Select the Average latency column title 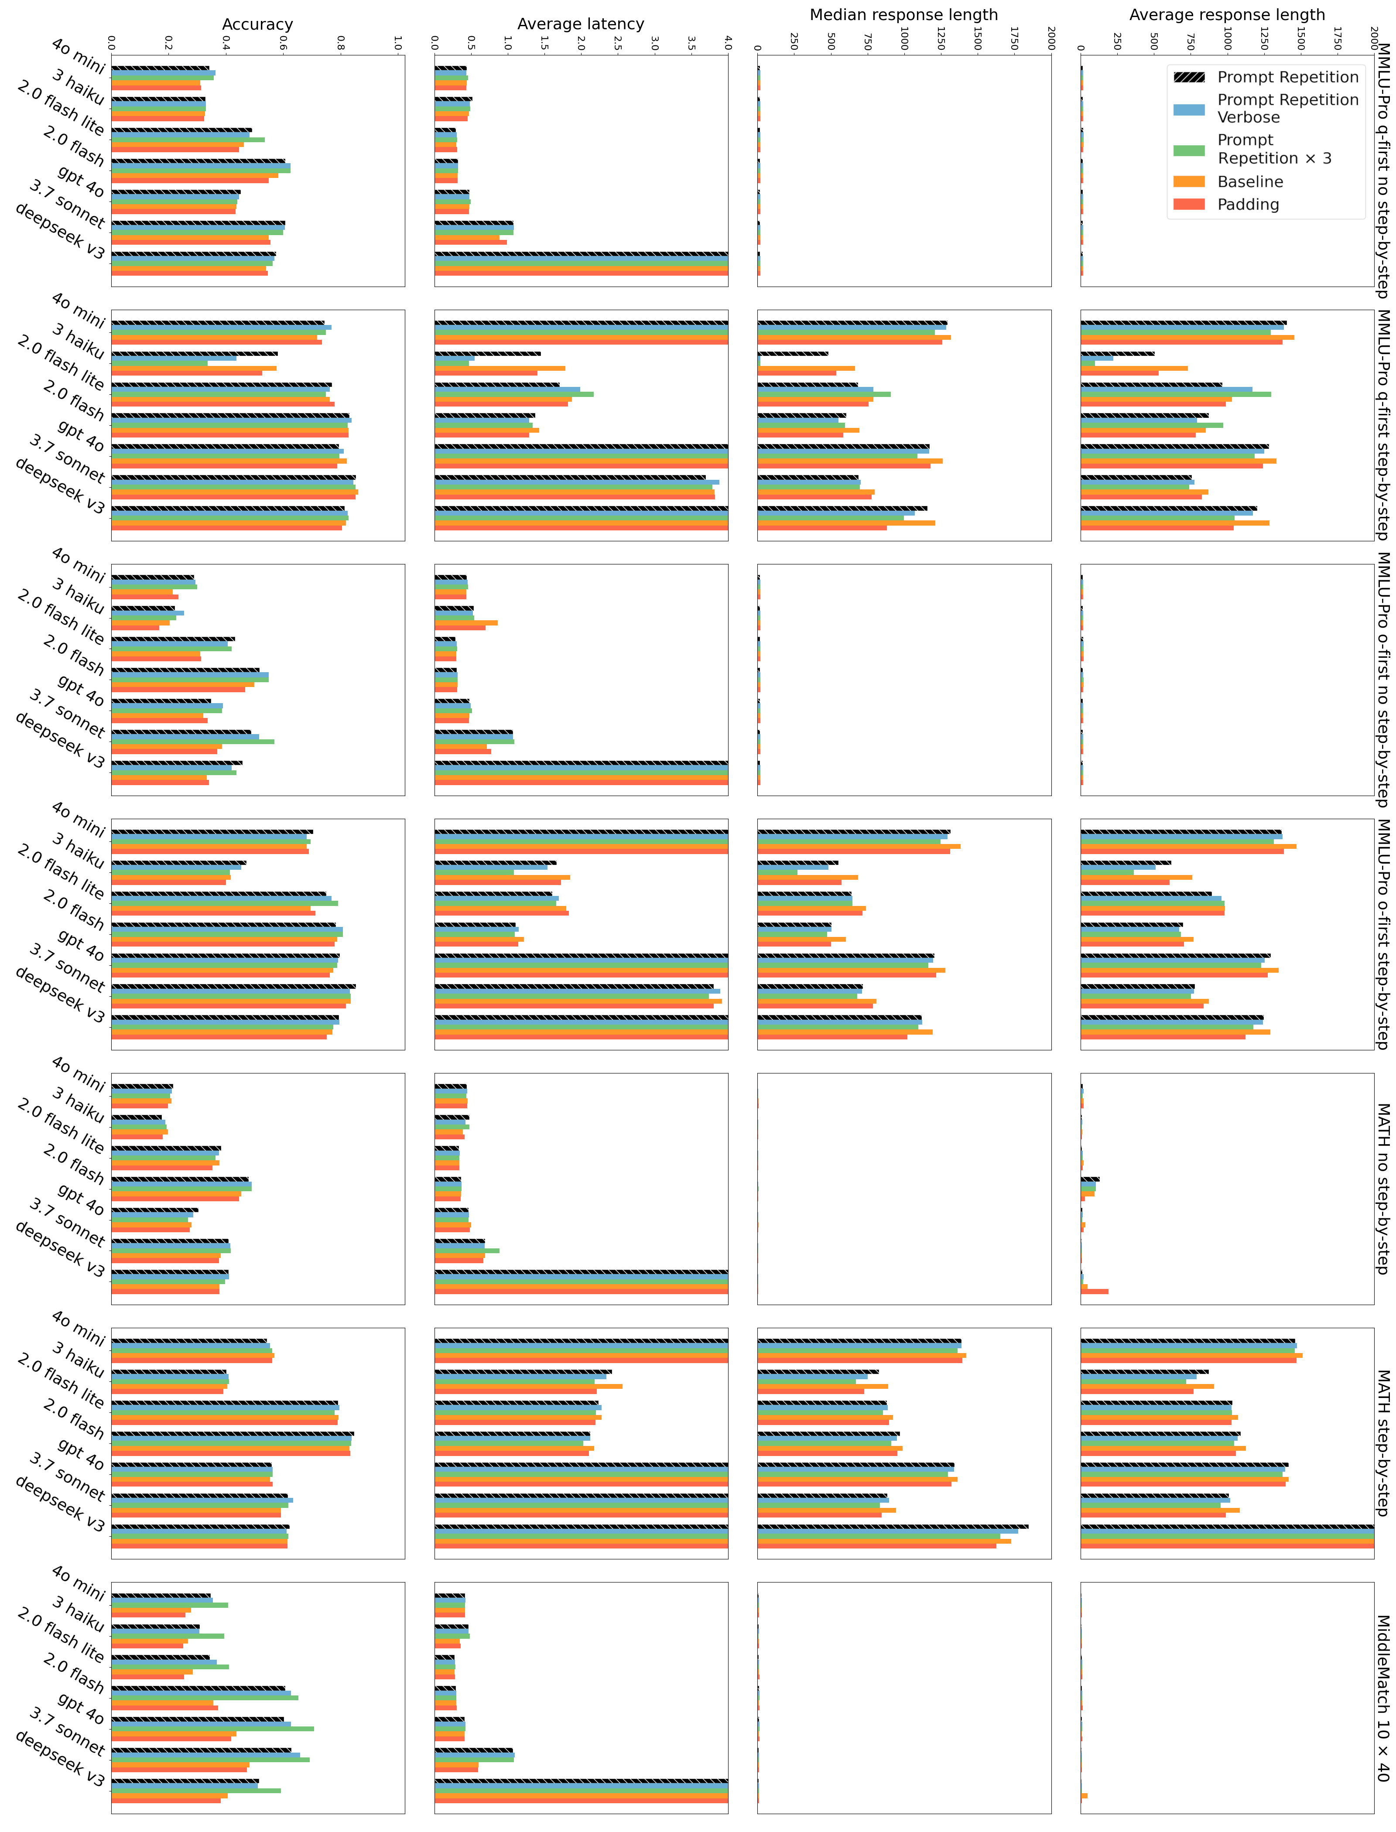580,24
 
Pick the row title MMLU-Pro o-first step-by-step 1383,935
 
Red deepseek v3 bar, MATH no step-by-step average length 1095,1291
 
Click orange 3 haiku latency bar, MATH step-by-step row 528,1386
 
